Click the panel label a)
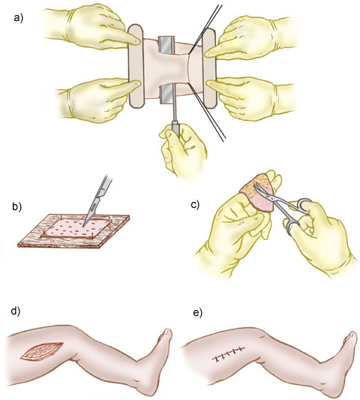pos(18,18)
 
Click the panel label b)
pos(17,207)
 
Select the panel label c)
pos(195,205)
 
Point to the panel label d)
pos(16,312)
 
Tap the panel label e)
pos(197,313)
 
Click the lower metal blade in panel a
pos(166,95)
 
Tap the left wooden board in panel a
pos(136,65)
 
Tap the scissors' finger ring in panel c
pos(304,206)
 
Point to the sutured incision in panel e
pos(229,353)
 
